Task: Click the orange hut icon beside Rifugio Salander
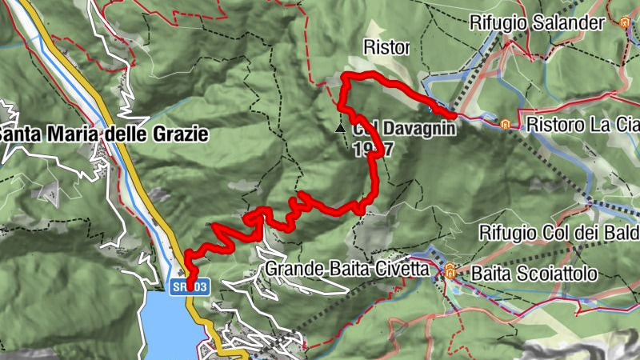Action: pyautogui.click(x=624, y=23)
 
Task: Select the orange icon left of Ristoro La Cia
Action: pyautogui.click(x=506, y=125)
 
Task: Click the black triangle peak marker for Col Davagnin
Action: pyautogui.click(x=341, y=127)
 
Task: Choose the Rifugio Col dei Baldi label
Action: pyautogui.click(x=559, y=233)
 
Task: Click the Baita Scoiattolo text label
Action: pyautogui.click(x=534, y=274)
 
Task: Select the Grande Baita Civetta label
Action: pyautogui.click(x=350, y=269)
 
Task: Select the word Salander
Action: pyautogui.click(x=572, y=22)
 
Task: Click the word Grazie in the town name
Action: pyautogui.click(x=180, y=134)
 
